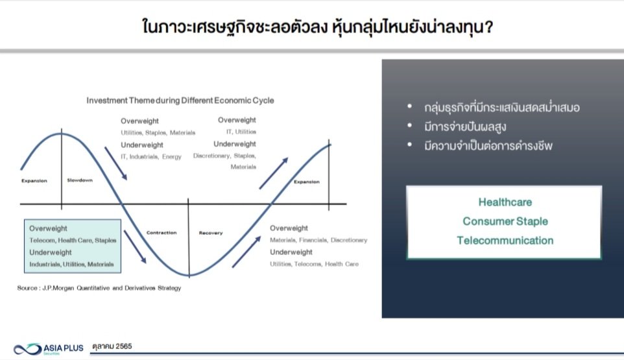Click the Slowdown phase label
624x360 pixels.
pyautogui.click(x=80, y=180)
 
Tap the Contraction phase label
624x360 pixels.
pyautogui.click(x=161, y=233)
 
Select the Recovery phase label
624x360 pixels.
pyautogui.click(x=211, y=233)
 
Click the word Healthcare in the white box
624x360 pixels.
pyautogui.click(x=505, y=202)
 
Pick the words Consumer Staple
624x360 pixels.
pyautogui.click(x=505, y=221)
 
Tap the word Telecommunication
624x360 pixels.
pyautogui.click(x=505, y=240)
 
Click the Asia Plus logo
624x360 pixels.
pyautogui.click(x=49, y=349)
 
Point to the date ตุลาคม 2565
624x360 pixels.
pyautogui.click(x=112, y=346)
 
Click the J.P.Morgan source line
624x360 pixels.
pyautogui.click(x=99, y=288)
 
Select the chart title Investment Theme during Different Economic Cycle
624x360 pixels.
pyautogui.click(x=180, y=101)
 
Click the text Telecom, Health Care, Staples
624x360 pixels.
pyautogui.click(x=73, y=240)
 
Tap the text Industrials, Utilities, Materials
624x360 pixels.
pyautogui.click(x=71, y=264)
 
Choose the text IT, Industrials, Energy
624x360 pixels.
pyautogui.click(x=151, y=157)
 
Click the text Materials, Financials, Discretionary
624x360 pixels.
pyautogui.click(x=318, y=240)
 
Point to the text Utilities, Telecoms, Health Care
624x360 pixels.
pyautogui.click(x=315, y=264)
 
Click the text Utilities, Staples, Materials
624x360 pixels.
pyautogui.click(x=158, y=132)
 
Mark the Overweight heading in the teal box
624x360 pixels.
pyautogui.click(x=48, y=228)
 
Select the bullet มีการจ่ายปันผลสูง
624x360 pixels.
pyautogui.click(x=465, y=127)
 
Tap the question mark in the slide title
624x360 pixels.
pyautogui.click(x=489, y=27)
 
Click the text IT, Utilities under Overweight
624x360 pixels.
pyautogui.click(x=241, y=132)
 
